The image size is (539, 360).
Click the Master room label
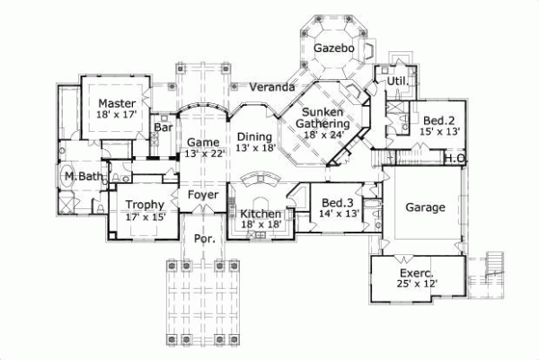click(x=118, y=102)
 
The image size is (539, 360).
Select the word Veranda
click(x=274, y=88)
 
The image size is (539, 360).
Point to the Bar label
click(x=163, y=127)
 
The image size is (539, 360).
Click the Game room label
click(x=203, y=142)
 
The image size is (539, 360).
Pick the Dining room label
click(x=255, y=136)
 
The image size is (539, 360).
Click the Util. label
click(x=398, y=82)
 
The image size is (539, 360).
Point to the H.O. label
click(x=455, y=159)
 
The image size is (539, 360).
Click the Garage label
click(x=425, y=207)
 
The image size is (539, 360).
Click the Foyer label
click(x=202, y=194)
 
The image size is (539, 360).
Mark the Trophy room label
click(x=145, y=205)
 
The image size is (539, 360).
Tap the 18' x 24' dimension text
click(x=324, y=135)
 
